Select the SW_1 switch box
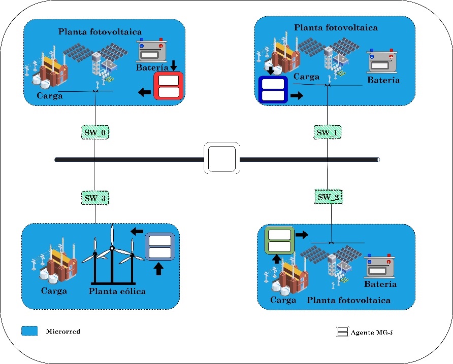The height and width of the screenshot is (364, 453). (327, 132)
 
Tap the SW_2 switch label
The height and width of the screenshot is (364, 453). (328, 197)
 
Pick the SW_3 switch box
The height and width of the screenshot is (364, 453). (95, 197)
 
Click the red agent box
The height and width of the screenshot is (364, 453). (168, 86)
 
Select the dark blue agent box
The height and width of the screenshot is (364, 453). (273, 90)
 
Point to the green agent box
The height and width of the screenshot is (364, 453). (279, 240)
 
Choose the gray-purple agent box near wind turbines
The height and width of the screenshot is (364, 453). (159, 246)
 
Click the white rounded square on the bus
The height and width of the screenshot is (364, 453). (221, 159)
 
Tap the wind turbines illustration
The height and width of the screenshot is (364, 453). (113, 256)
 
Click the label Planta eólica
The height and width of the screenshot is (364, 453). (117, 291)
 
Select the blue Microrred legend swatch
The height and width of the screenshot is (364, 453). (30, 331)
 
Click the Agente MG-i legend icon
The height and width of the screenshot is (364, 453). (342, 332)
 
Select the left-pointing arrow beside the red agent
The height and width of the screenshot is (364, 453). (145, 92)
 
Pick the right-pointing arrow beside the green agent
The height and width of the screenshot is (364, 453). (302, 235)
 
